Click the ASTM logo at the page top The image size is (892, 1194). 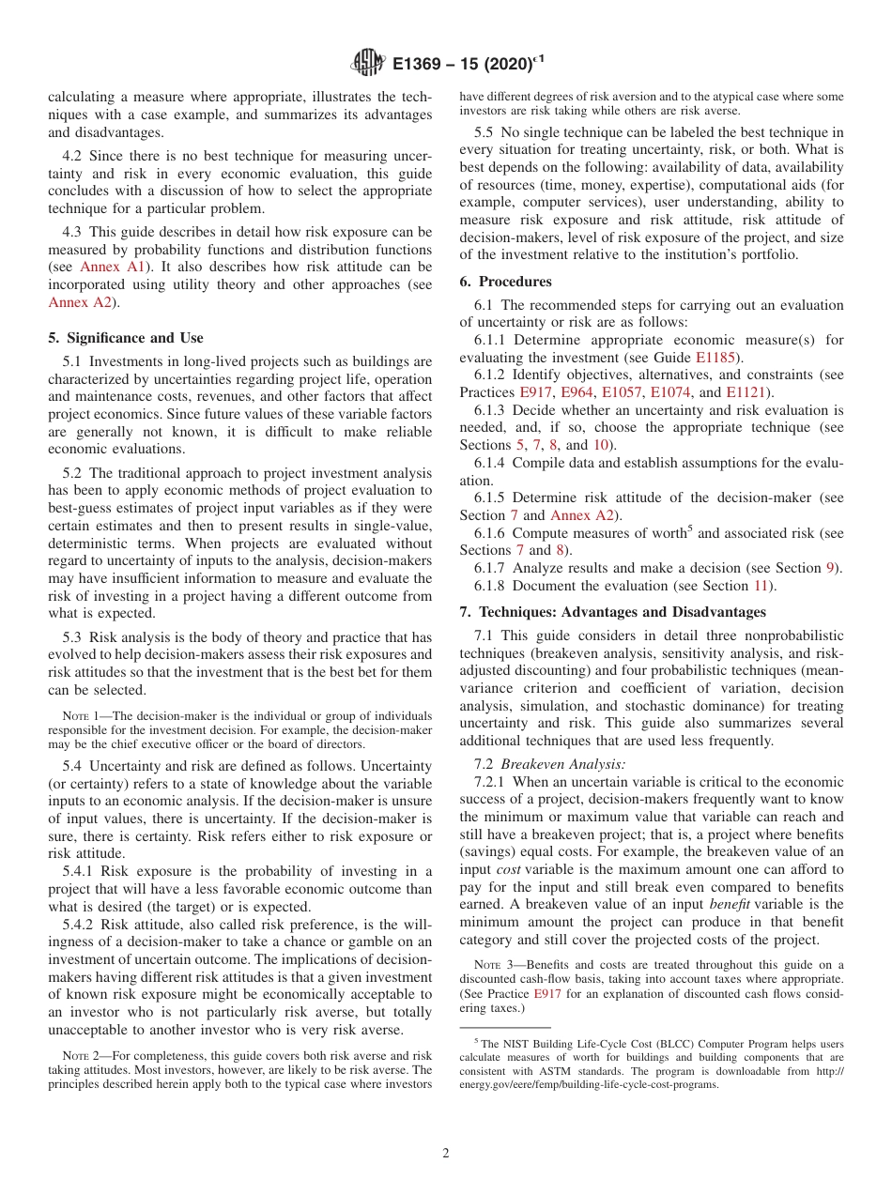pyautogui.click(x=367, y=63)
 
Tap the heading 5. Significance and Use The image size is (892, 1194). pyautogui.click(x=125, y=338)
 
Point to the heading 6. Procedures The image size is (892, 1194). pyautogui.click(x=505, y=282)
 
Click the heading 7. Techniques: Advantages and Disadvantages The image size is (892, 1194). pyautogui.click(x=612, y=612)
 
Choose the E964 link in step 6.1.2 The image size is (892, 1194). pyautogui.click(x=576, y=391)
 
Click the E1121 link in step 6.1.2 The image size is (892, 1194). pyautogui.click(x=746, y=391)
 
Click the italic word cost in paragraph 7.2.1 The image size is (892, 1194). pyautogui.click(x=508, y=869)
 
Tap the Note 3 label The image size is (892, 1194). pyautogui.click(x=493, y=965)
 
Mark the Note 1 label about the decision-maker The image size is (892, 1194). pyautogui.click(x=82, y=716)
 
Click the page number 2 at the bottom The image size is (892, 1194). pyautogui.click(x=446, y=1154)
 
